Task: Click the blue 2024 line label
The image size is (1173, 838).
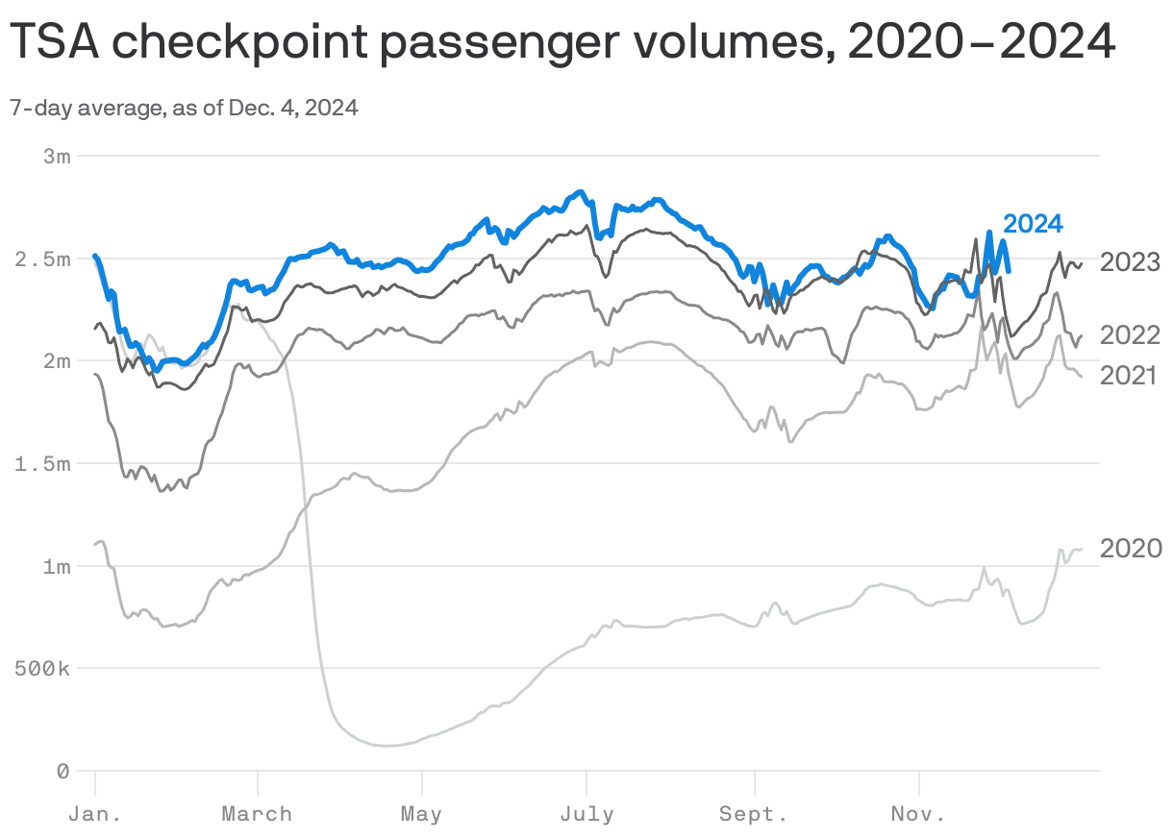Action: [1033, 224]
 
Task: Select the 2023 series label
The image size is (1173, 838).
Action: [1131, 262]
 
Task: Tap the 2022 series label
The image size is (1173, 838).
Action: [1131, 335]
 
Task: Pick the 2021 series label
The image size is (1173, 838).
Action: [1128, 376]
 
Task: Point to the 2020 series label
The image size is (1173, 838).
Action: [1131, 549]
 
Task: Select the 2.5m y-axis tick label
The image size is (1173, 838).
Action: [44, 259]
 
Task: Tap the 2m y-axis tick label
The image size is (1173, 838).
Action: [57, 361]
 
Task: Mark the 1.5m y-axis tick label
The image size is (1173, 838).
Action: [44, 464]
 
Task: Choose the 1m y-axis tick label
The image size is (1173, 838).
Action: [57, 566]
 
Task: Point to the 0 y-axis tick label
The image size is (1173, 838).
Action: [62, 771]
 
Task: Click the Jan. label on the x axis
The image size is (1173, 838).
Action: [94, 815]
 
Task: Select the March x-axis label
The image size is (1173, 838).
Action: [257, 815]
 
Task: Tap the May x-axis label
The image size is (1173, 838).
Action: [421, 815]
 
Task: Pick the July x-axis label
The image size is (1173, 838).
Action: [586, 815]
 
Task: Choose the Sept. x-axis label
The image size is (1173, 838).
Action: [754, 815]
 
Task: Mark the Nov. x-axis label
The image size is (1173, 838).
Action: [918, 815]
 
